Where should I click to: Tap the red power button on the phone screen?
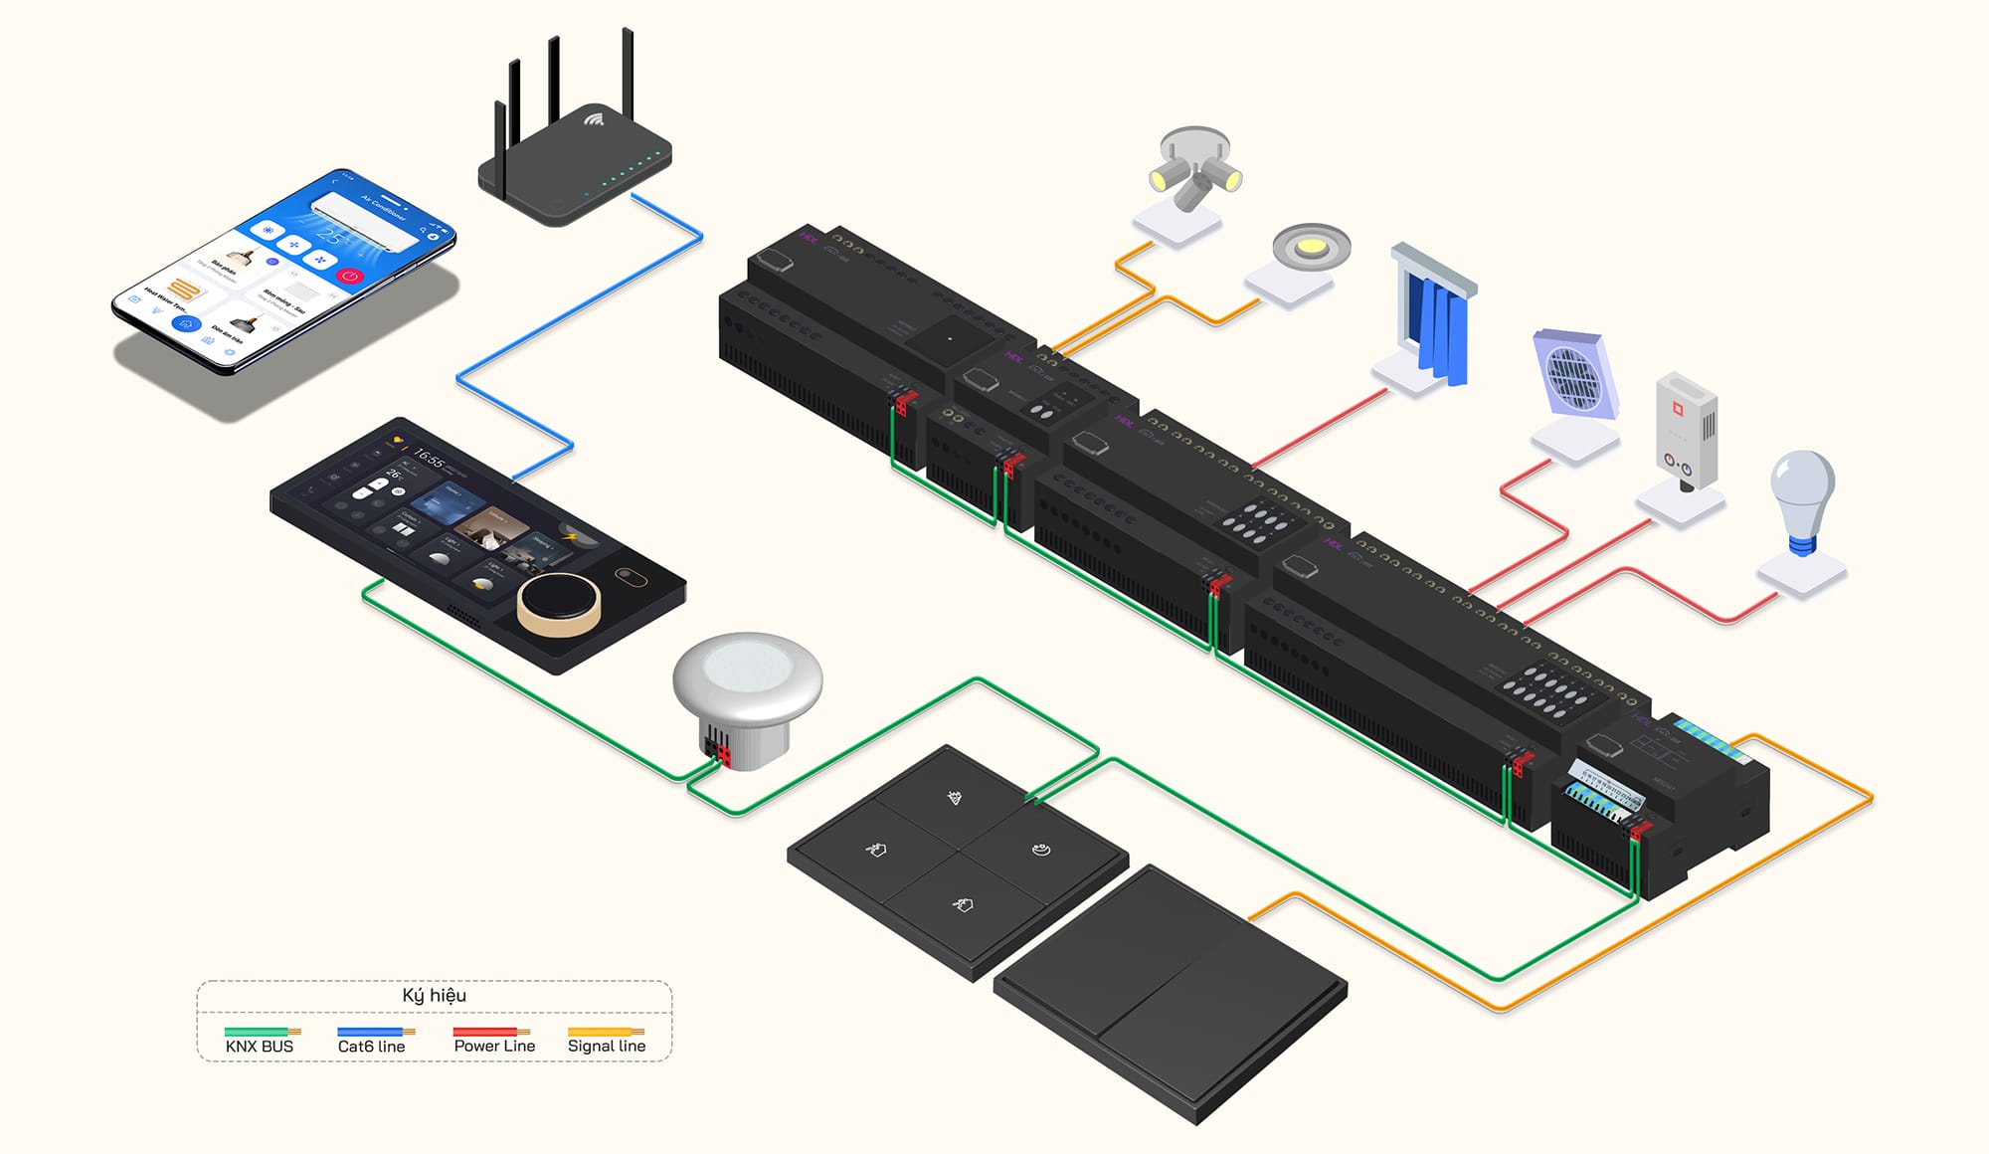tap(350, 276)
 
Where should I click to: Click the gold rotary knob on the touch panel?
tap(558, 602)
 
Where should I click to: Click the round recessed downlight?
tap(1311, 246)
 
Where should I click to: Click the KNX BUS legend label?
tap(260, 1046)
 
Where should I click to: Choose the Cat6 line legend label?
tap(371, 1046)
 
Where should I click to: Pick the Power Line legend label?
tap(494, 1046)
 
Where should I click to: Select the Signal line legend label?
tap(607, 1046)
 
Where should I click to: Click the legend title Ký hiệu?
tap(434, 995)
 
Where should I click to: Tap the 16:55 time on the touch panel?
tap(429, 459)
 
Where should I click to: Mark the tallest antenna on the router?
tap(628, 85)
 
